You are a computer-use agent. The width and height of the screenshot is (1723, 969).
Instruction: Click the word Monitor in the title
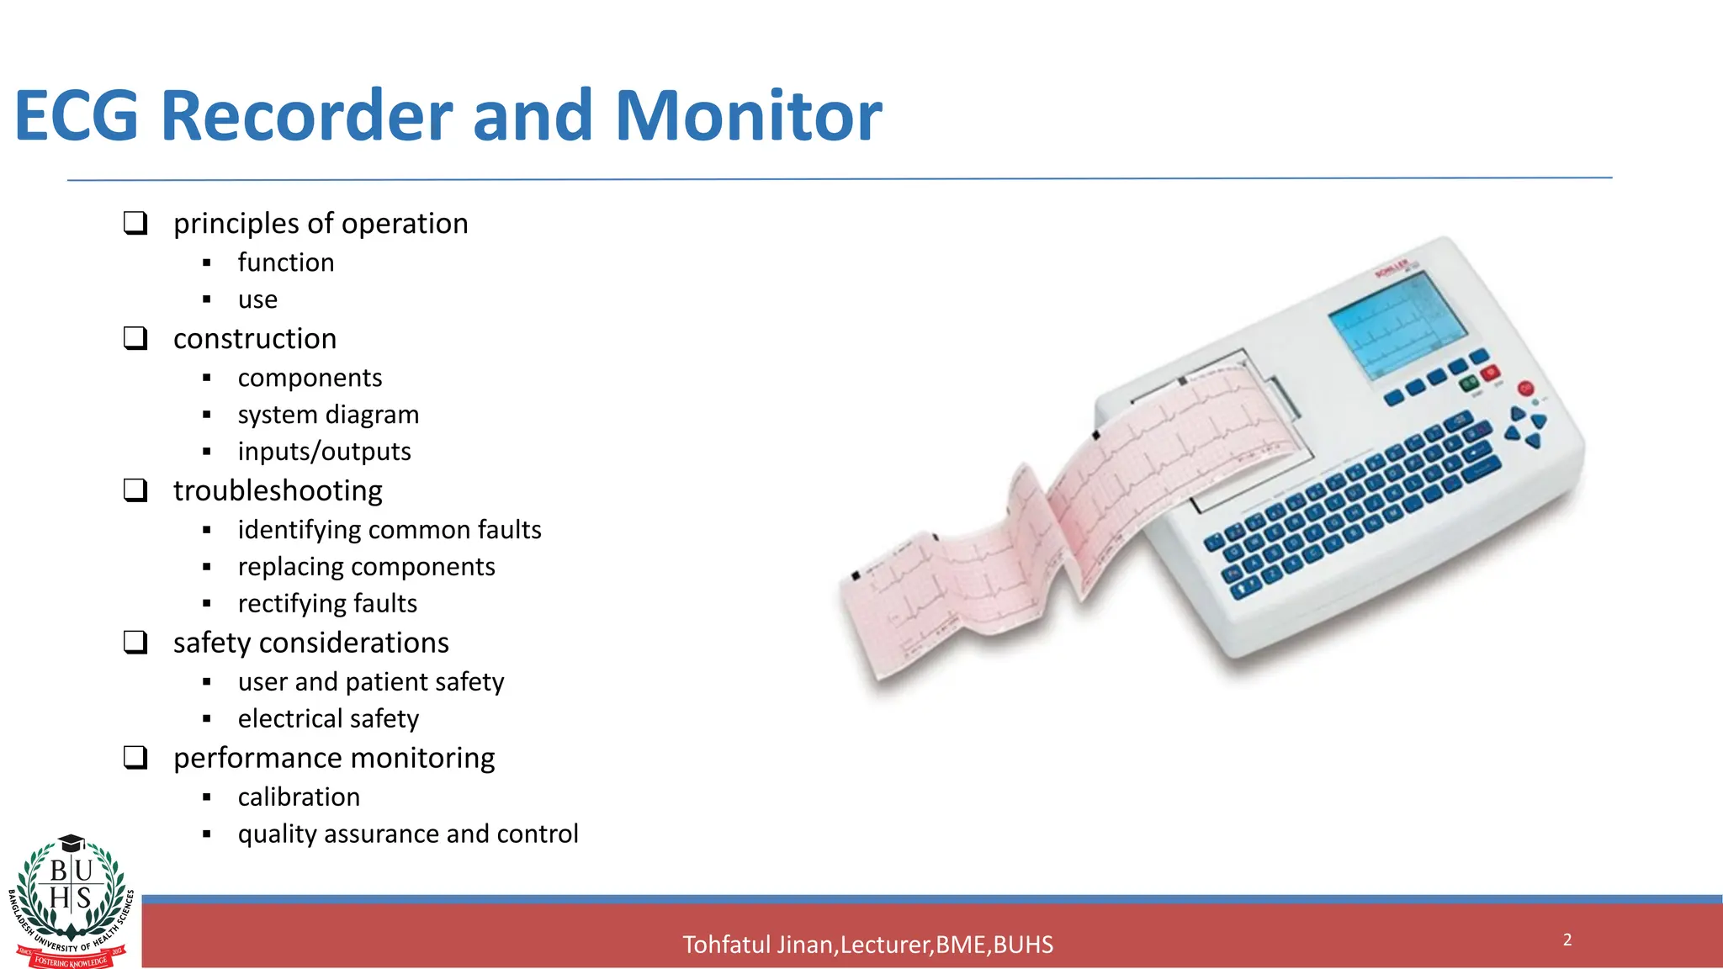coord(748,115)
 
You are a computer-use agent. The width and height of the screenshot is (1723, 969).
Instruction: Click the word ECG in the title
coord(77,115)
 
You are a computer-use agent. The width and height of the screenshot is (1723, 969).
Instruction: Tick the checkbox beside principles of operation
coord(135,223)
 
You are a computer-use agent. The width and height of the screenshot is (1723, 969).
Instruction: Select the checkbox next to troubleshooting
coord(135,490)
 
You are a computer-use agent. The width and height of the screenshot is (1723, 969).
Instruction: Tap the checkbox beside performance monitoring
coord(135,757)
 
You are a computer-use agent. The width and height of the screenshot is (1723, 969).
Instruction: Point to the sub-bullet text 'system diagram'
coord(328,415)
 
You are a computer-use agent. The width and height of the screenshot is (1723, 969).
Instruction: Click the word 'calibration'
coord(299,797)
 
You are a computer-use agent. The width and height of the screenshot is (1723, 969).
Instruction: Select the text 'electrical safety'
coord(328,718)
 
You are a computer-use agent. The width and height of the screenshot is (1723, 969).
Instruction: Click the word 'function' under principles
coord(286,262)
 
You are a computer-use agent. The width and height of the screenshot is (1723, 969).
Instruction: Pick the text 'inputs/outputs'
coord(324,452)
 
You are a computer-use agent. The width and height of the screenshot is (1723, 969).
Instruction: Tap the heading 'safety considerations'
coord(311,643)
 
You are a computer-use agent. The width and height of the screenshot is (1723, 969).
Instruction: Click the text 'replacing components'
coord(366,567)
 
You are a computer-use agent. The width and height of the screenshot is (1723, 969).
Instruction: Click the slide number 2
coord(1567,940)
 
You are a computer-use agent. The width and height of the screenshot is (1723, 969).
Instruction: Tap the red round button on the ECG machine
coord(1525,389)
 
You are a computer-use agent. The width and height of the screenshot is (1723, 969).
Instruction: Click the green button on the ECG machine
coord(1469,384)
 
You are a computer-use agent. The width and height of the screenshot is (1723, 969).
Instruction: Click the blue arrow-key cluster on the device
coord(1526,427)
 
